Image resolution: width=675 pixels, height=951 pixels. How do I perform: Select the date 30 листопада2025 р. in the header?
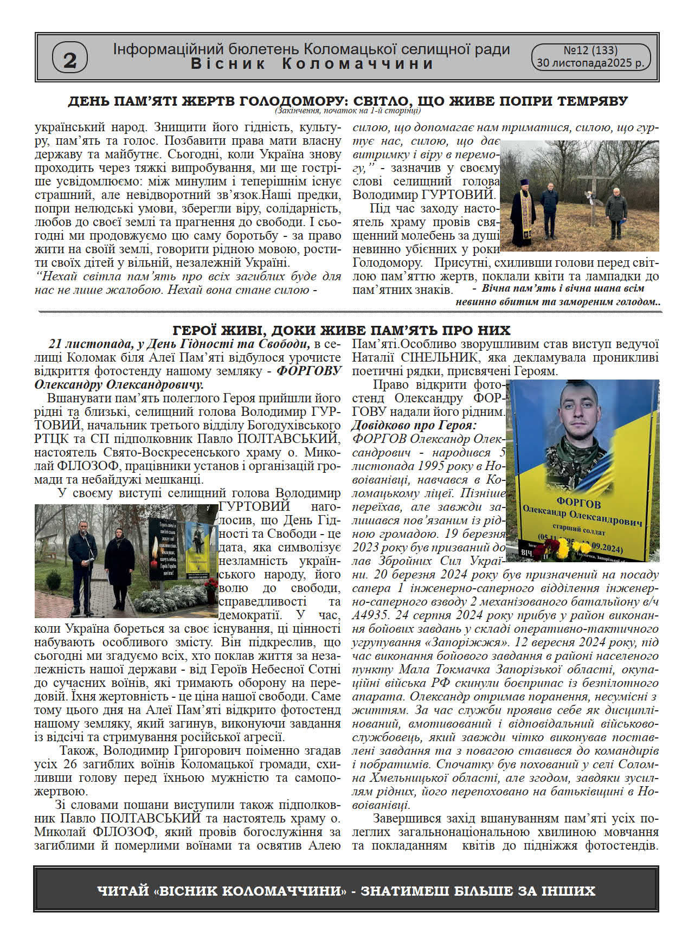tap(590, 63)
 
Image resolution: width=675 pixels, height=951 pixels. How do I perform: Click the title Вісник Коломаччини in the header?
tap(312, 64)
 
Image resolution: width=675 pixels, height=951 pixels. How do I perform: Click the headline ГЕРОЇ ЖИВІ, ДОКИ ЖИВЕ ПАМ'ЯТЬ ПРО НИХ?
tap(342, 330)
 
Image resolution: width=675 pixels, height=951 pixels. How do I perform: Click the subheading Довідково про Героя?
tap(414, 425)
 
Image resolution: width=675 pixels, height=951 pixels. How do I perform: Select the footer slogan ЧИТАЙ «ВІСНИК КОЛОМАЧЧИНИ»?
tap(222, 891)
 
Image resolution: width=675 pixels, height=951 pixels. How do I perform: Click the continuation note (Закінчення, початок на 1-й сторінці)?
tap(347, 111)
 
